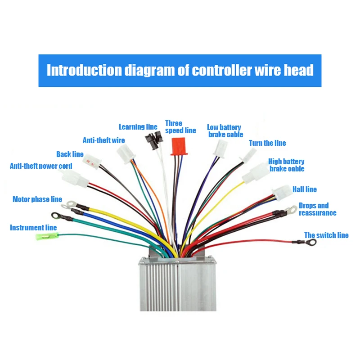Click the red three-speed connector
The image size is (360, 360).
click(x=179, y=146)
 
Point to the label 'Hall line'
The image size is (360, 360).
click(x=305, y=189)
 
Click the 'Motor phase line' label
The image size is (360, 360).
click(x=37, y=199)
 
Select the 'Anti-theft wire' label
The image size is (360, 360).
click(x=103, y=140)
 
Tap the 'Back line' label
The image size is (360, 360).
click(x=70, y=154)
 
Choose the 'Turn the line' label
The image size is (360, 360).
click(x=267, y=143)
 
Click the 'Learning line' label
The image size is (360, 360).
click(x=138, y=127)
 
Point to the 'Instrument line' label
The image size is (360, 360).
click(x=33, y=228)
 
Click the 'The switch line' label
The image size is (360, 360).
click(x=326, y=235)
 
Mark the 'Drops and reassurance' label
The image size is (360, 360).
click(x=317, y=209)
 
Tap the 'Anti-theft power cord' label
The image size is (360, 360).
click(x=41, y=166)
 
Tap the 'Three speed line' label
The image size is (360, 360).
click(x=180, y=127)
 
